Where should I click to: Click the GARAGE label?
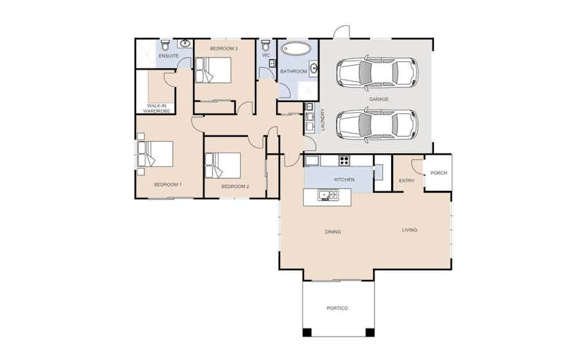tap(379, 99)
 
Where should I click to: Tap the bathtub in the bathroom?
tap(296, 49)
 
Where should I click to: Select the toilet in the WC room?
tap(266, 46)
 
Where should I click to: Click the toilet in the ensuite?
tap(165, 45)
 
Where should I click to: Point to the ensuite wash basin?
tap(185, 43)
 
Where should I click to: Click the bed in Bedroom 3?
tap(213, 70)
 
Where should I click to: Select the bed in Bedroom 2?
tap(223, 166)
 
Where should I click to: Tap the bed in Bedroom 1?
tap(155, 153)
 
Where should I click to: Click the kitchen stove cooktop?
tap(344, 161)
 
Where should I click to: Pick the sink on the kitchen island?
tap(328, 195)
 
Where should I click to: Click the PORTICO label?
tap(337, 308)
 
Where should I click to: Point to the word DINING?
tap(332, 231)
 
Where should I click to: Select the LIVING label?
tap(409, 230)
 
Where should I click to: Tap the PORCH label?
tap(439, 173)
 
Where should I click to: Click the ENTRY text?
tap(407, 181)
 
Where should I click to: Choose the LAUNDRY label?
tap(323, 119)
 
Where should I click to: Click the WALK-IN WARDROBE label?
tap(156, 108)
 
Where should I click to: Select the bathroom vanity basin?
tap(314, 68)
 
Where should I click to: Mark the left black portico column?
tap(307, 332)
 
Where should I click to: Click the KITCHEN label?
tap(344, 179)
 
